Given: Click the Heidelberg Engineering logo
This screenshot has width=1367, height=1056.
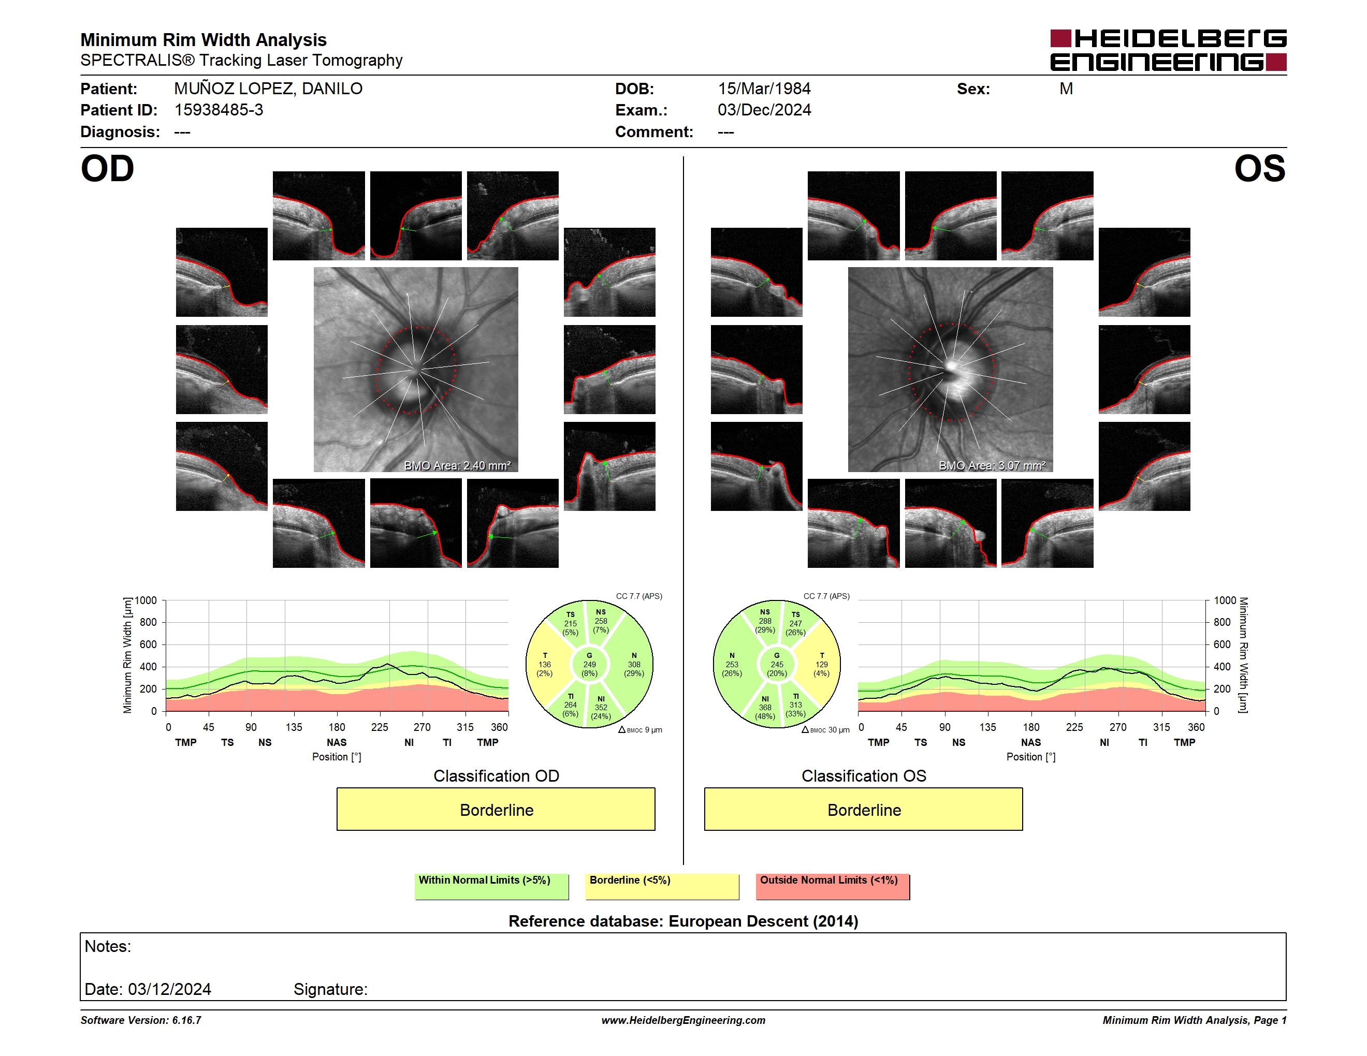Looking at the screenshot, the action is point(1168,50).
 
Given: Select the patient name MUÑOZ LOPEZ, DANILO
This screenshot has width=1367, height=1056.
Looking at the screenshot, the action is point(268,89).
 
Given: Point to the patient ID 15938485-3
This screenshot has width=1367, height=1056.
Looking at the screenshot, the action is point(219,110).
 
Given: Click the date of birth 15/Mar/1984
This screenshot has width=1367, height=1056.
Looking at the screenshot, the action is point(764,89).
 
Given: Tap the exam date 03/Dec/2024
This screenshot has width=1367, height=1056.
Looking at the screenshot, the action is point(764,110).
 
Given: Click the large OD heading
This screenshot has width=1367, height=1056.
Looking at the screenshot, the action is point(107,169).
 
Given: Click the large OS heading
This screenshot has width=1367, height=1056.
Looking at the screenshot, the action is point(1259,169).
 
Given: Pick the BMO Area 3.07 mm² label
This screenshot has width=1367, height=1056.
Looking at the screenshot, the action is point(992,465).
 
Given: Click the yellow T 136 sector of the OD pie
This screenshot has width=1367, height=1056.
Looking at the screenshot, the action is point(545,664).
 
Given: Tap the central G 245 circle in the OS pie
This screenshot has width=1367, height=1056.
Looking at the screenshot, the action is point(776,664).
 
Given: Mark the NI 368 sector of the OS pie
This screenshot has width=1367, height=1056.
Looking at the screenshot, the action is point(764,707).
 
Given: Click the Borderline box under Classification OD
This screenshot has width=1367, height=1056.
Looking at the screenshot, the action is point(496,810).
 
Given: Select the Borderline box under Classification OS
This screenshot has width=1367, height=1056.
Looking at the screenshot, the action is point(863,810).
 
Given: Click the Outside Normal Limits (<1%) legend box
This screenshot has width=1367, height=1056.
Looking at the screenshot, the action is point(833,886).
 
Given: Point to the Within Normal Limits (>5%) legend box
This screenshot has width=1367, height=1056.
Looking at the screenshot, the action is point(491,886).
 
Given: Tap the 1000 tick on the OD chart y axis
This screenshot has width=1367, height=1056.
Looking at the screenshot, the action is point(146,600).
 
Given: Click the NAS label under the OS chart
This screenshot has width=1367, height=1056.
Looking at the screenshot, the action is point(1031,743).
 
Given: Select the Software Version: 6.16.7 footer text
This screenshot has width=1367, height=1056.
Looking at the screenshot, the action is point(141,1020).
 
